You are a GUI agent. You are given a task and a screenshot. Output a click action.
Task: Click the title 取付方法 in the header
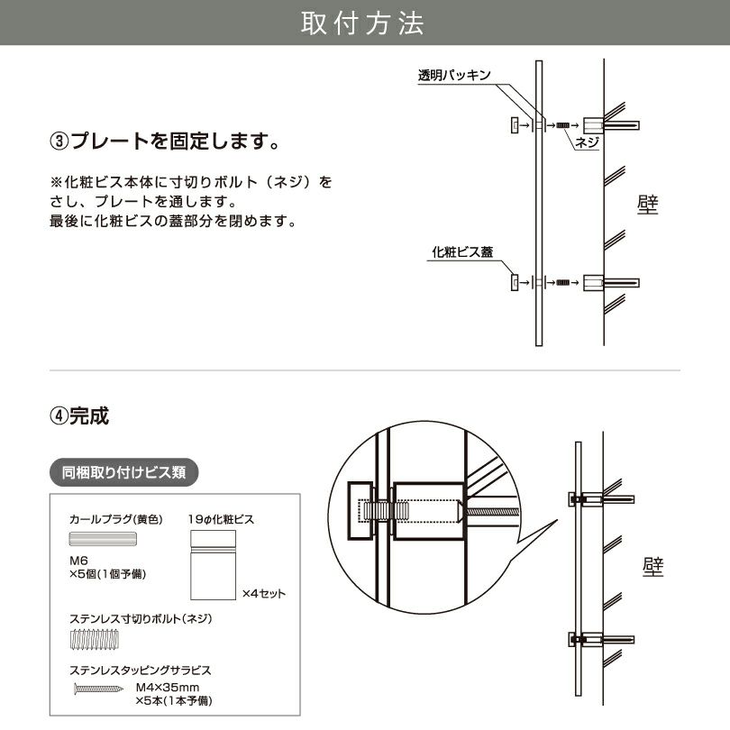(x=363, y=23)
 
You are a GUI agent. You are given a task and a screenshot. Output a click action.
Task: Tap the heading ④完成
(x=80, y=416)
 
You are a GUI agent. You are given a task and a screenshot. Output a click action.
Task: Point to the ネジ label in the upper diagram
(x=587, y=141)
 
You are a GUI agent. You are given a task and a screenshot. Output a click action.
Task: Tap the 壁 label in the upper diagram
(x=647, y=205)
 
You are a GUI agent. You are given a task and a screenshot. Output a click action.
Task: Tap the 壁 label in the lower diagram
(x=653, y=566)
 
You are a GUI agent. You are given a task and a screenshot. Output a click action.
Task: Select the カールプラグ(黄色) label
(x=114, y=520)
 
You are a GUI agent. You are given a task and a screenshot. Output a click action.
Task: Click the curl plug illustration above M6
(x=103, y=540)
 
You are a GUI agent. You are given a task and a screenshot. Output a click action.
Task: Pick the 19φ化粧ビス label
(x=222, y=520)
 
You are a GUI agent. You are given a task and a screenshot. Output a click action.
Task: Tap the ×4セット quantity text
(x=264, y=594)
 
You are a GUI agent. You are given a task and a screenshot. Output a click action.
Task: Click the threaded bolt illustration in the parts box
(x=94, y=643)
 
